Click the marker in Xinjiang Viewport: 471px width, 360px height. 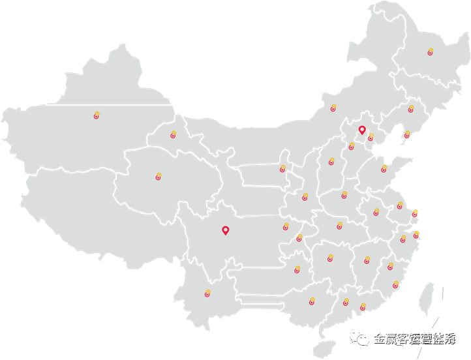pyautogui.click(x=97, y=116)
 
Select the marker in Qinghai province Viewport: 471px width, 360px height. pyautogui.click(x=158, y=177)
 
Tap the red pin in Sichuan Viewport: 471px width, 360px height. pyautogui.click(x=225, y=230)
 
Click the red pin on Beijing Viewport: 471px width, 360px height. pyautogui.click(x=362, y=130)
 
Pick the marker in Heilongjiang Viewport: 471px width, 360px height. pyautogui.click(x=430, y=52)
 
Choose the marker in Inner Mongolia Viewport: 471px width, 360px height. pyautogui.click(x=333, y=108)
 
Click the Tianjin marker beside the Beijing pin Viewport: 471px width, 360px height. pyautogui.click(x=371, y=138)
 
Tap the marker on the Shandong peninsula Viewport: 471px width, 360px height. pyautogui.click(x=384, y=170)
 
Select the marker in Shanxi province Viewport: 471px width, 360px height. pyautogui.click(x=331, y=161)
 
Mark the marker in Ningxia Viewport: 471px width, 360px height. pyautogui.click(x=282, y=169)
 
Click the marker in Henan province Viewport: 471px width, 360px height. pyautogui.click(x=344, y=194)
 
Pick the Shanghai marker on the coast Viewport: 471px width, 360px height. pyautogui.click(x=414, y=213)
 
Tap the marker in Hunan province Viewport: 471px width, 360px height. pyautogui.click(x=329, y=258)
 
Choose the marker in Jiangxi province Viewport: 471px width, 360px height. pyautogui.click(x=367, y=260)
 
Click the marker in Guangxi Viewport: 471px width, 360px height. pyautogui.click(x=312, y=302)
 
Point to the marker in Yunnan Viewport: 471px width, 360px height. pyautogui.click(x=207, y=293)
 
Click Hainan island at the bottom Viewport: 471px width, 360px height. pyautogui.click(x=321, y=348)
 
